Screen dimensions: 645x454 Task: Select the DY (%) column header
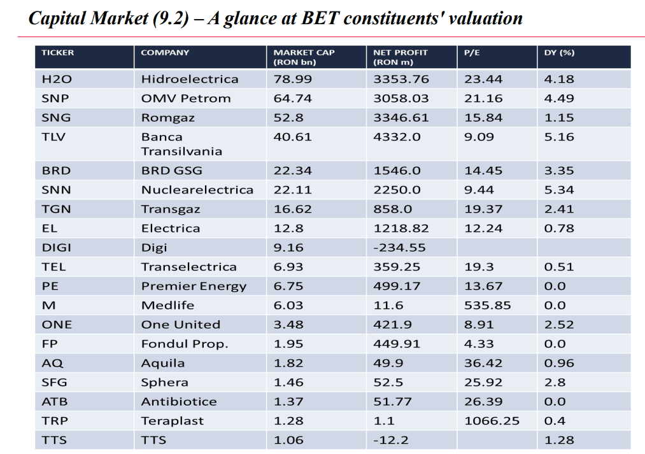click(x=559, y=53)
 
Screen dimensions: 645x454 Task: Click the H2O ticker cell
click(x=57, y=79)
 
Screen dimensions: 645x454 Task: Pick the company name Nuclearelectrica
click(x=197, y=190)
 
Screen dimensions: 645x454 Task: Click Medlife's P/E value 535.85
click(x=488, y=305)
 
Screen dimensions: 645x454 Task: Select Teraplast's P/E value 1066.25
click(x=492, y=421)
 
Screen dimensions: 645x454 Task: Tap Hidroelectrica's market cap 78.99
click(x=292, y=79)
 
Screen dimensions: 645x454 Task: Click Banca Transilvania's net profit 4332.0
click(x=397, y=137)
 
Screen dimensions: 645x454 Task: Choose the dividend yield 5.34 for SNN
click(x=559, y=190)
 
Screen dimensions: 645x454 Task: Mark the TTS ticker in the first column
click(x=54, y=440)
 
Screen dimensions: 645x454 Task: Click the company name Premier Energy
click(x=194, y=287)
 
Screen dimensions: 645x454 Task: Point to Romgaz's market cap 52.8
click(x=288, y=118)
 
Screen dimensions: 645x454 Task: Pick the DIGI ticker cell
click(x=57, y=248)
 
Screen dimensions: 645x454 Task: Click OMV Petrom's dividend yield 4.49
click(x=559, y=98)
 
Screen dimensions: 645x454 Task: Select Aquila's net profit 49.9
click(x=388, y=363)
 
